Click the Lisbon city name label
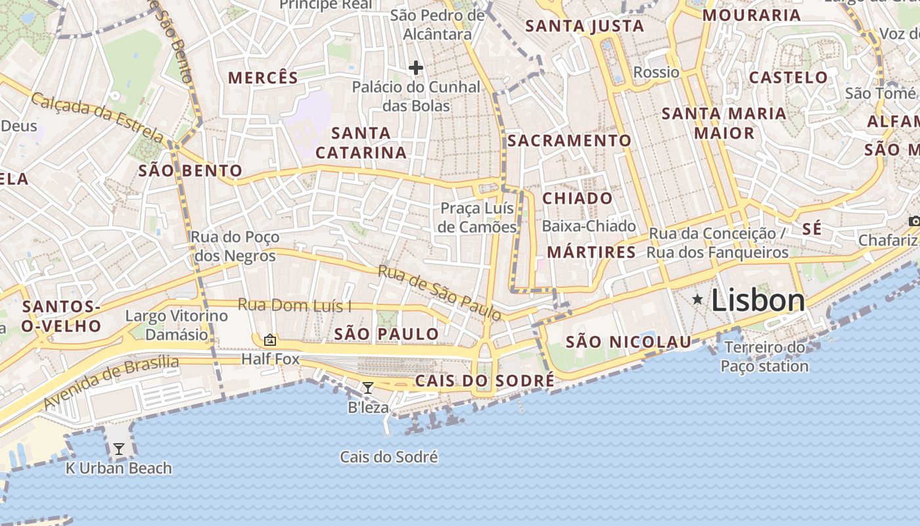tap(758, 300)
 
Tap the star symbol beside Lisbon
tap(697, 300)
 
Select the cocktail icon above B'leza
tap(368, 388)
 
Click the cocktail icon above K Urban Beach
tap(119, 449)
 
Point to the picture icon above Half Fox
tap(269, 340)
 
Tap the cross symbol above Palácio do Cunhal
tap(415, 67)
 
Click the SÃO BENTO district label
tap(191, 172)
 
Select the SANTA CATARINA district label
tap(361, 143)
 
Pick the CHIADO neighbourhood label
tap(578, 198)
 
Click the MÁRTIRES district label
tap(591, 252)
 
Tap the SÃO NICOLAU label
tap(628, 341)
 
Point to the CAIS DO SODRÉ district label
tap(484, 381)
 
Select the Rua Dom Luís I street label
tap(294, 305)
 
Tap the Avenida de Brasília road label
tap(112, 381)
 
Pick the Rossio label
tap(656, 72)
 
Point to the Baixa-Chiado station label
tap(589, 226)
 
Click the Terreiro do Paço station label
tap(764, 356)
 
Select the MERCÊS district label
tap(263, 78)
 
